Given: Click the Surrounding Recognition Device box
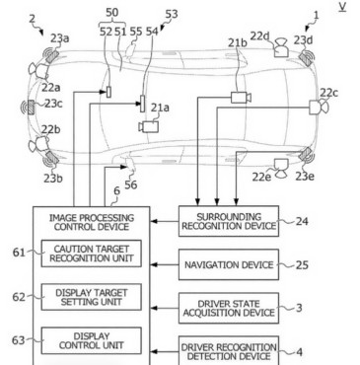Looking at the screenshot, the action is pos(229,221).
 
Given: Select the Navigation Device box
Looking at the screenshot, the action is pos(229,264).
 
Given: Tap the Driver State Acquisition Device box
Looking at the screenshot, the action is pos(229,308).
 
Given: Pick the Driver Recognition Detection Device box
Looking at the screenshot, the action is pos(229,350).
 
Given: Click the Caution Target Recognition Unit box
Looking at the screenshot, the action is pos(92,254).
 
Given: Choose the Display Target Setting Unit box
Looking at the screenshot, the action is pos(92,297).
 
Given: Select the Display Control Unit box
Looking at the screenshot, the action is pos(92,340).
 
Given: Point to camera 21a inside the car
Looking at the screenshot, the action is pos(149,126).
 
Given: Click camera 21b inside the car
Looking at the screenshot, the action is pos(241,98).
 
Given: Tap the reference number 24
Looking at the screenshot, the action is pos(302,221).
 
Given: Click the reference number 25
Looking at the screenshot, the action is pos(302,264).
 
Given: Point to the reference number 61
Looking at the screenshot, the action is pos(19,253).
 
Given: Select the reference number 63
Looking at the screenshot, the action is pos(19,340).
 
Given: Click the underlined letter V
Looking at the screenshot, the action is pos(342,7).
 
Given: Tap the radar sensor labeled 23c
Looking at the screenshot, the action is pos(31,108).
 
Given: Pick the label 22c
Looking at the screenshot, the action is pos(328,93).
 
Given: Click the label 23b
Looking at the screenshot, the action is pos(53,179).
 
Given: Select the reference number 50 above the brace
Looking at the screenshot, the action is pos(111,13).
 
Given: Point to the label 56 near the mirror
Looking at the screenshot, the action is pos(130,184).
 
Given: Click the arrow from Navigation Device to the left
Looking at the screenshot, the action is pos(165,264).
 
